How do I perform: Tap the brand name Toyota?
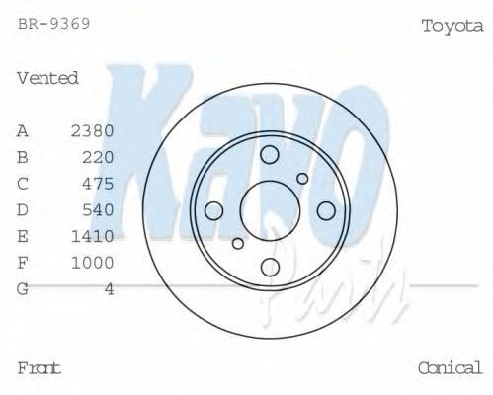[x=452, y=26]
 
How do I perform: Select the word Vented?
[x=47, y=78]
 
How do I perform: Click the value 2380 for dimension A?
[x=93, y=130]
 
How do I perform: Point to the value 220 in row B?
[x=99, y=157]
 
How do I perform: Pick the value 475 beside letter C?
[x=99, y=184]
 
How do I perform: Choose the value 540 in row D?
[x=99, y=209]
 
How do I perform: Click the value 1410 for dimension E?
[x=93, y=236]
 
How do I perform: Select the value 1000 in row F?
[x=93, y=263]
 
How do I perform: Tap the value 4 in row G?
[x=109, y=289]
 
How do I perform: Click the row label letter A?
[x=23, y=130]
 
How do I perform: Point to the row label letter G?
[x=23, y=289]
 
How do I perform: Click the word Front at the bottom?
[x=40, y=368]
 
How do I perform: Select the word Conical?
[x=451, y=368]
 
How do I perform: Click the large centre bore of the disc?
[x=270, y=209]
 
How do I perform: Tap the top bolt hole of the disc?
[x=270, y=153]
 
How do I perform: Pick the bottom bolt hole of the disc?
[x=270, y=267]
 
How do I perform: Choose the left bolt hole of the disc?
[x=213, y=209]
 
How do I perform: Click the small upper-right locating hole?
[x=302, y=179]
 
